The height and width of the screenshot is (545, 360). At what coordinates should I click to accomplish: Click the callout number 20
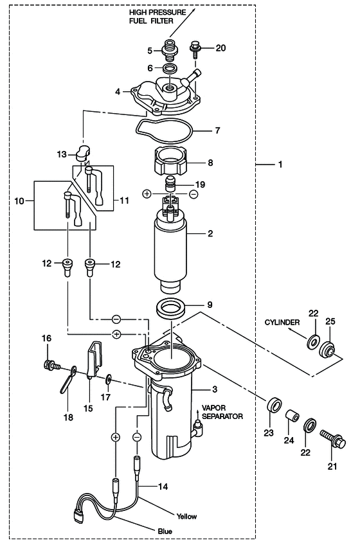pyautogui.click(x=221, y=48)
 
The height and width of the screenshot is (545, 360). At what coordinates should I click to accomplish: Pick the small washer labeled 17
pyautogui.click(x=109, y=379)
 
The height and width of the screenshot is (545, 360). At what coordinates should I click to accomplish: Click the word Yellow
pyautogui.click(x=186, y=516)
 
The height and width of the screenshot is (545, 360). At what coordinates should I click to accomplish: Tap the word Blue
pyautogui.click(x=165, y=531)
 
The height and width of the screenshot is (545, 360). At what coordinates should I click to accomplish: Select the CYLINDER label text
pyautogui.click(x=282, y=322)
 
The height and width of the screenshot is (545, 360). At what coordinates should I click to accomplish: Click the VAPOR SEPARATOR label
pyautogui.click(x=222, y=412)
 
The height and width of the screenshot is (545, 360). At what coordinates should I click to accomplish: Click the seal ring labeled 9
pyautogui.click(x=171, y=307)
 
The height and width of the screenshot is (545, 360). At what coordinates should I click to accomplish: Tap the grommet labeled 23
pyautogui.click(x=274, y=405)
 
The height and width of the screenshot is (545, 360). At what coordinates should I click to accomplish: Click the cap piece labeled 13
pyautogui.click(x=83, y=153)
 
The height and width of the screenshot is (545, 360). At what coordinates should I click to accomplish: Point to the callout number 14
pyautogui.click(x=163, y=487)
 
